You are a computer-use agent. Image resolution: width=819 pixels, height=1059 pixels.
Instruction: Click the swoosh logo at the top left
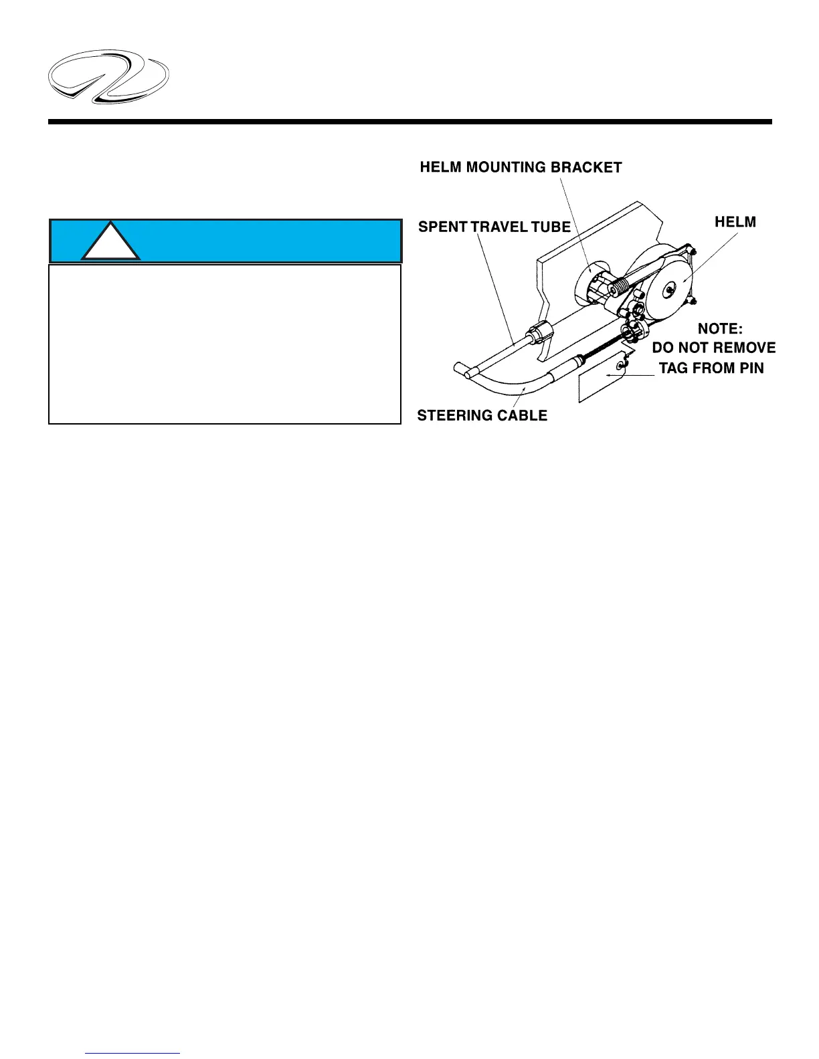108,76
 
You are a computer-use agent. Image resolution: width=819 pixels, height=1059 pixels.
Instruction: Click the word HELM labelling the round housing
735,222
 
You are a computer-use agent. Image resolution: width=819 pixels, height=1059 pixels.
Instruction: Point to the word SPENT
442,227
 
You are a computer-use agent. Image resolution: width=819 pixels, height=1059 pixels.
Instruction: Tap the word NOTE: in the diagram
720,329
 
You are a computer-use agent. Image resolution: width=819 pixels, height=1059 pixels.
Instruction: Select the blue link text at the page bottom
132,1053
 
